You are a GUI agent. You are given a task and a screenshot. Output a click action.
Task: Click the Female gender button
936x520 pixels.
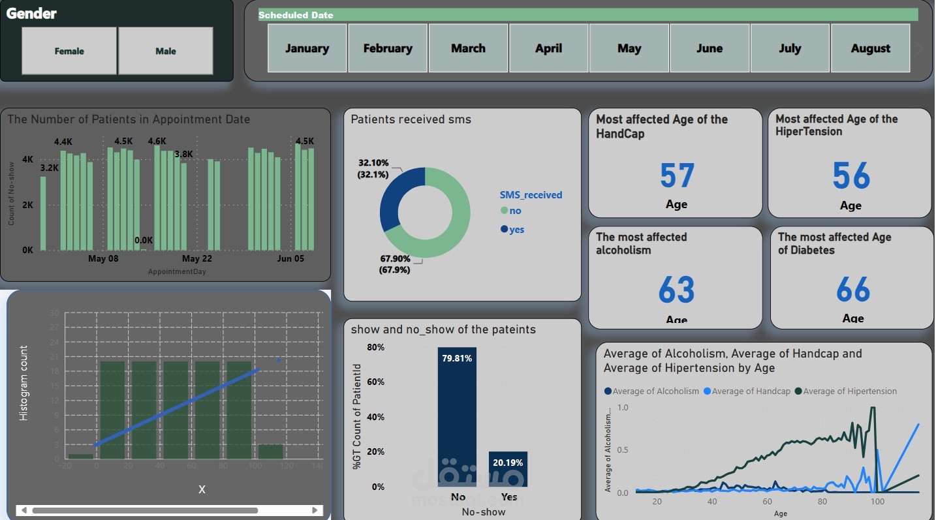pos(69,51)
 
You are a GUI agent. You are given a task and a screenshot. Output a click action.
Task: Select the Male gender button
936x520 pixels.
pos(166,51)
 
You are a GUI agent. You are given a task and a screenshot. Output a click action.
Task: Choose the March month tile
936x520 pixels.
pos(468,48)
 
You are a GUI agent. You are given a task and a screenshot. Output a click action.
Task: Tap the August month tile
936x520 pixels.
pos(870,48)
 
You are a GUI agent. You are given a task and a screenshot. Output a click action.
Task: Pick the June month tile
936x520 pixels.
pos(710,48)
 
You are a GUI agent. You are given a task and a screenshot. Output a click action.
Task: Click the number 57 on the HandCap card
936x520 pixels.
pos(677,176)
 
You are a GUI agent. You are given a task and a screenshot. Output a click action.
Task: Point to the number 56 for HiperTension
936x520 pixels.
pos(851,176)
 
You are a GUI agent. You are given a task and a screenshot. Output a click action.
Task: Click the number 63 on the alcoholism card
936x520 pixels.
pos(677,290)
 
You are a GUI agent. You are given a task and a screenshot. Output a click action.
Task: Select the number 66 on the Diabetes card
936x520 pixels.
pos(853,290)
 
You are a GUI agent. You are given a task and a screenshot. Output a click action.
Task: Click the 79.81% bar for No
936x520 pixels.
pos(457,418)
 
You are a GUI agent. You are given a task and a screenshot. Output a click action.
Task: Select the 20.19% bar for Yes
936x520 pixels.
pos(508,469)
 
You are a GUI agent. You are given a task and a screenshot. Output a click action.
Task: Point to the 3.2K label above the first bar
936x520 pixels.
pos(49,168)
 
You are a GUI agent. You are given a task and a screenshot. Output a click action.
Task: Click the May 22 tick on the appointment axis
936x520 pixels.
pos(196,259)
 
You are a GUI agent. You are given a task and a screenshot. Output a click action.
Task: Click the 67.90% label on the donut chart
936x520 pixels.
pos(394,259)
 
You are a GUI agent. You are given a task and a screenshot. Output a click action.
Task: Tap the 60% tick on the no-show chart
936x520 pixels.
pos(375,382)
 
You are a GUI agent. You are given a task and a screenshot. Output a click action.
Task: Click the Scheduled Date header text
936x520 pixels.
pos(296,15)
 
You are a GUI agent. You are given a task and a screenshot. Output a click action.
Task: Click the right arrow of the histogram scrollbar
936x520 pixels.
pos(315,510)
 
